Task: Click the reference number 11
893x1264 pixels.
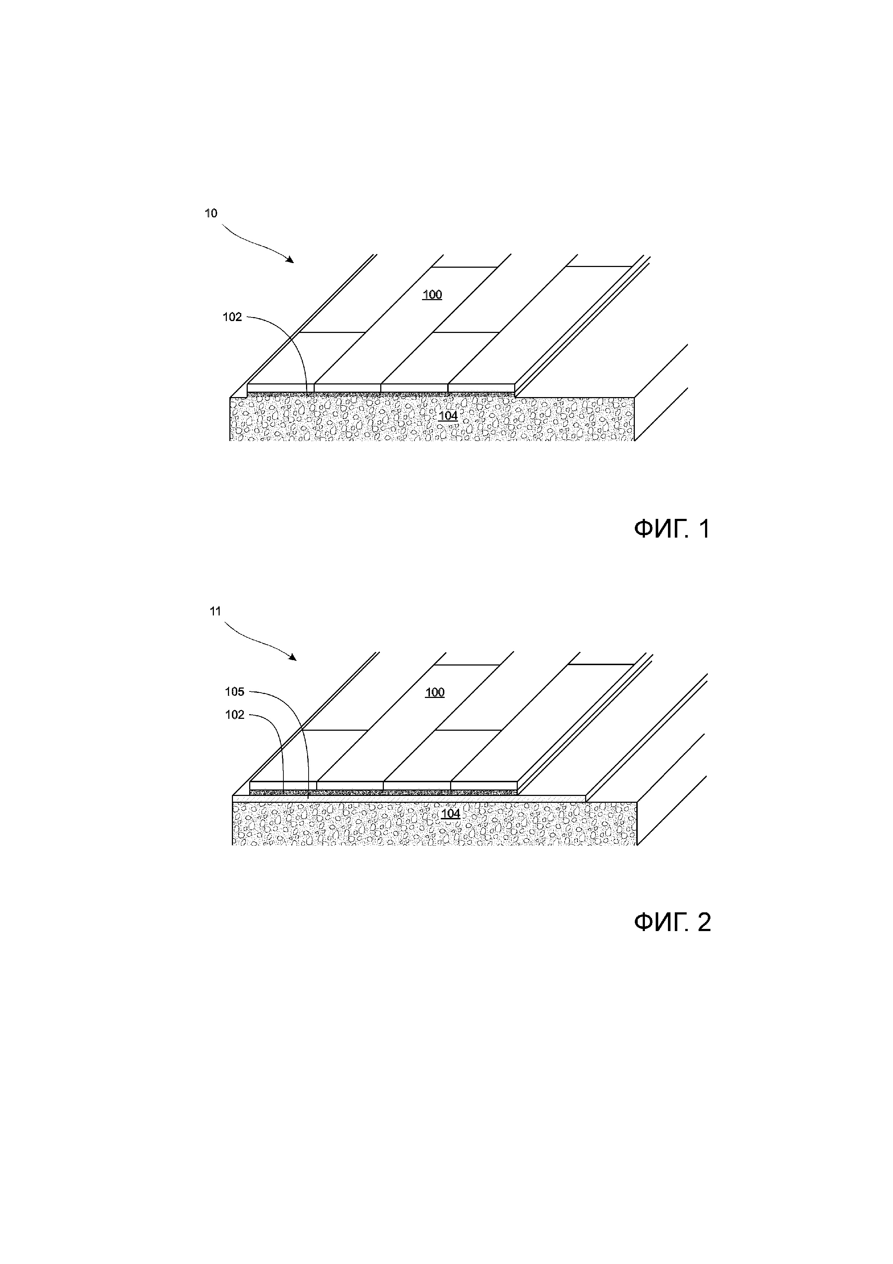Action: (215, 611)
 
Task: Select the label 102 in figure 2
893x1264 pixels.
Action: (234, 715)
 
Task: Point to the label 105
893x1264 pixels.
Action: (234, 691)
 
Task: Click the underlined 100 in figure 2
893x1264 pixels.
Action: (435, 692)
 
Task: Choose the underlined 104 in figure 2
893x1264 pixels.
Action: (450, 814)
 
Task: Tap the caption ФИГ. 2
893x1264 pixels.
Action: (672, 922)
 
